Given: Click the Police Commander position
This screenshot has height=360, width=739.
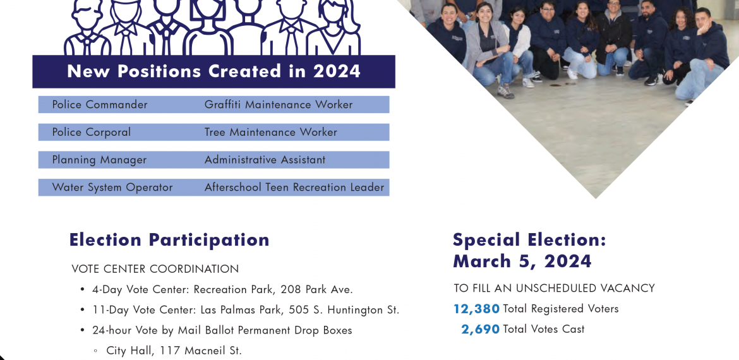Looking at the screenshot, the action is point(99,105).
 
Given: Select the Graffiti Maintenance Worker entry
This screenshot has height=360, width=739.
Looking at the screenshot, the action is point(279,105).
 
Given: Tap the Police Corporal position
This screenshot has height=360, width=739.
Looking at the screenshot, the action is point(92,133).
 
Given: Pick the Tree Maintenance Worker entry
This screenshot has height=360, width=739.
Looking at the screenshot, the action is point(271,133).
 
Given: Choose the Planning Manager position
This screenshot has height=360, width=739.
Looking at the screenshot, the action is point(99,160).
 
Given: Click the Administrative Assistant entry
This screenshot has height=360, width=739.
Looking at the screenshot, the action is point(265,160).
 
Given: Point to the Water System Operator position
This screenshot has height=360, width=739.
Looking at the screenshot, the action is point(112,188).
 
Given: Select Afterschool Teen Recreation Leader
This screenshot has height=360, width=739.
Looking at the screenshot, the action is point(294,188).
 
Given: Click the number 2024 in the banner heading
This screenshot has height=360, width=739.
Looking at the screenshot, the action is point(337,71).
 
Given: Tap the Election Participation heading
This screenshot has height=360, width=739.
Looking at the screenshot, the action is point(169,240).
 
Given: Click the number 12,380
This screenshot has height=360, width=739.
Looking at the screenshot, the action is point(476,309).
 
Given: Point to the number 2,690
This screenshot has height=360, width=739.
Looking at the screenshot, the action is point(480,330).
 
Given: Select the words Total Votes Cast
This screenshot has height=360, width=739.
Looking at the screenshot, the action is point(544,329).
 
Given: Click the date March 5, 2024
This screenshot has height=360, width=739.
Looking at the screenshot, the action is point(522,261).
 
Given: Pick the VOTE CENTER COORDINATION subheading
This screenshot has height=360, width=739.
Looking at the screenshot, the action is point(155,269).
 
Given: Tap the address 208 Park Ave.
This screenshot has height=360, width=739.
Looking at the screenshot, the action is point(316,289).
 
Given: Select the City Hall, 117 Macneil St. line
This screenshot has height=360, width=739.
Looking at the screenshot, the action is point(174,351).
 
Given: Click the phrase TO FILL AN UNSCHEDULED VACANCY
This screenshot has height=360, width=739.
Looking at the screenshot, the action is point(555,288).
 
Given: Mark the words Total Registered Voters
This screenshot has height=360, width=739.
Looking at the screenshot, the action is point(561,309).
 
